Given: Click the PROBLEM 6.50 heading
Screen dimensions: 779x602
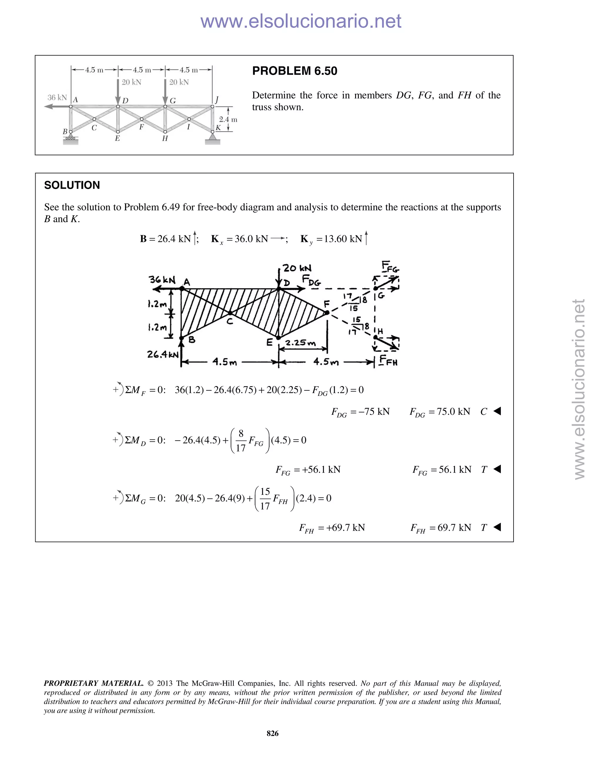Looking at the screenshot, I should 295,71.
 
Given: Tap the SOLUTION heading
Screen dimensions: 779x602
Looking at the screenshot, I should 72,185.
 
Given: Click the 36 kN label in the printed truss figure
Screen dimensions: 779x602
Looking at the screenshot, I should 57,97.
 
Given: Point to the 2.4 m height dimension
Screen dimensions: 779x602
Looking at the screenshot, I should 228,119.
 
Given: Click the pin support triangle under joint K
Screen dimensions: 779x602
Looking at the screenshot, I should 213,137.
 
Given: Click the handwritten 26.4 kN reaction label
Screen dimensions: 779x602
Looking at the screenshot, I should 163,355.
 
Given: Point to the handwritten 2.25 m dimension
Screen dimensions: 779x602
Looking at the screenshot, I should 300,343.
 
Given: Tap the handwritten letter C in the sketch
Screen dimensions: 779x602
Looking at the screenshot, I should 230,321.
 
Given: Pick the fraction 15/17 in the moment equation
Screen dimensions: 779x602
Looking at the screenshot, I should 265,499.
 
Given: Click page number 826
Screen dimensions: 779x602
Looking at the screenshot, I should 272,733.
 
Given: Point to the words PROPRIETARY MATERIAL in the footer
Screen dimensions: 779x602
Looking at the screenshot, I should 93,683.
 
